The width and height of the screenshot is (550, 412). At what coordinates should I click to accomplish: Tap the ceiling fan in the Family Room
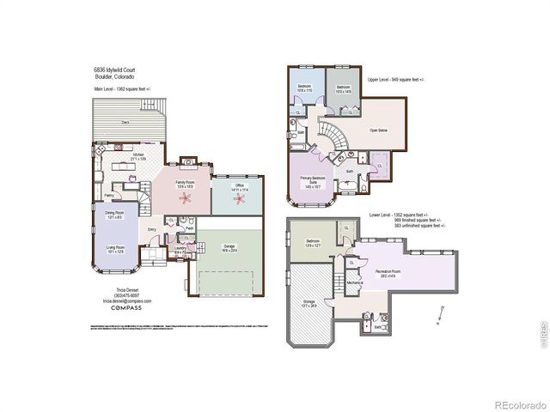[x=184, y=198]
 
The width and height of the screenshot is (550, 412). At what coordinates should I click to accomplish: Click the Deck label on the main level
[x=125, y=123]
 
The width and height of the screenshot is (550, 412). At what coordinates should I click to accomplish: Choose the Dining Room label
[x=114, y=214]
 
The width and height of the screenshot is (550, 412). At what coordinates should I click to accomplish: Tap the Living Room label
[x=114, y=250]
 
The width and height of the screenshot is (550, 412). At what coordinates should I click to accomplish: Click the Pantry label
[x=109, y=195]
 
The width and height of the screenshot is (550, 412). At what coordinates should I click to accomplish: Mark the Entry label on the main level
[x=151, y=229]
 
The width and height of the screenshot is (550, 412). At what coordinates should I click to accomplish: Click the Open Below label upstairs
[x=378, y=130]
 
